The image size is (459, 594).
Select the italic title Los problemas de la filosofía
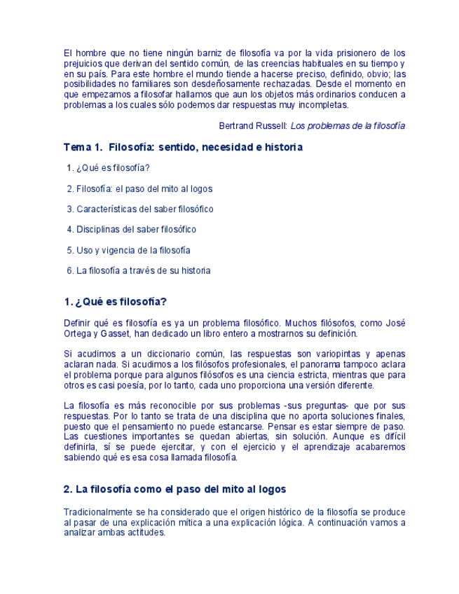(348, 126)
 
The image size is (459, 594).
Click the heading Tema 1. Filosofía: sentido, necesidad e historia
(183, 148)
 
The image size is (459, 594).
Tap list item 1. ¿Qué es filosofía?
(109, 168)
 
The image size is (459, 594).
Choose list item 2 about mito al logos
(139, 188)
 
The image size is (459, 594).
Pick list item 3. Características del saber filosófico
(140, 209)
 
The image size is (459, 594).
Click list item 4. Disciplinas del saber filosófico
(132, 229)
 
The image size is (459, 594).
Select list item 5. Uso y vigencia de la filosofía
(128, 250)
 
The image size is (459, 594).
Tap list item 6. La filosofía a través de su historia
(139, 270)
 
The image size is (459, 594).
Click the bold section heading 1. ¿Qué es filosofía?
(115, 302)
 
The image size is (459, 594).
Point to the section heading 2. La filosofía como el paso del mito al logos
(174, 489)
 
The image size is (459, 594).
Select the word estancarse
(288, 427)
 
